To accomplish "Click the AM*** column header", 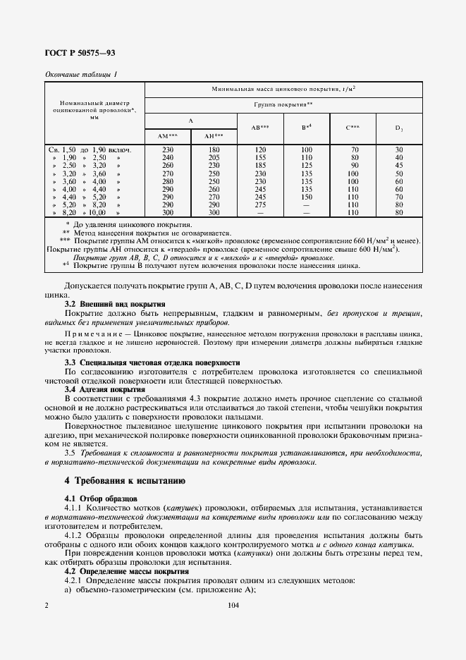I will [x=168, y=135].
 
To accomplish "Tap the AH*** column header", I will [x=214, y=135].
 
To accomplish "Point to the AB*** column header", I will [x=260, y=128].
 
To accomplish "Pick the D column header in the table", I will [x=398, y=128].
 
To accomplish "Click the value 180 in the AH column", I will [x=214, y=150].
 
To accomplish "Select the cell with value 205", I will [x=214, y=157].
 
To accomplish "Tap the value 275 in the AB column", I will [x=260, y=204].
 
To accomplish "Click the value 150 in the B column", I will [x=307, y=197].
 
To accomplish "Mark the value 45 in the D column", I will [x=399, y=165].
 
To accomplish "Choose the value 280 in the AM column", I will [x=168, y=181].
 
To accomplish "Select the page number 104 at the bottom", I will [x=234, y=605].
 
